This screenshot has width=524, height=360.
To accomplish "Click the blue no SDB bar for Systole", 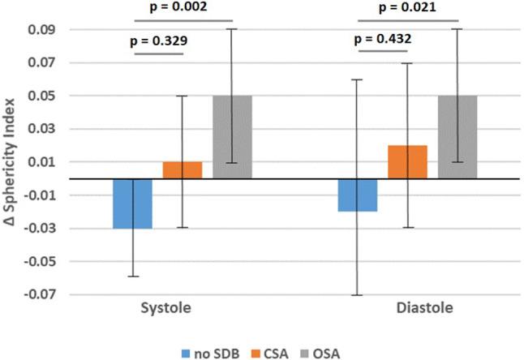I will coord(132,204).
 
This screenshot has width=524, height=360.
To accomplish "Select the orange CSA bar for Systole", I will coord(182,170).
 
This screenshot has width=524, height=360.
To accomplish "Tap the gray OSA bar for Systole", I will coord(232,137).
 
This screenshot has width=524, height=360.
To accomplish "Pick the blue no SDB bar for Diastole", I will coord(357,195).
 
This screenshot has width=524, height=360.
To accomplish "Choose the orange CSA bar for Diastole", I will coord(407,162).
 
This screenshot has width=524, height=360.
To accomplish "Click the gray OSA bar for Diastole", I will coord(457,137).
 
